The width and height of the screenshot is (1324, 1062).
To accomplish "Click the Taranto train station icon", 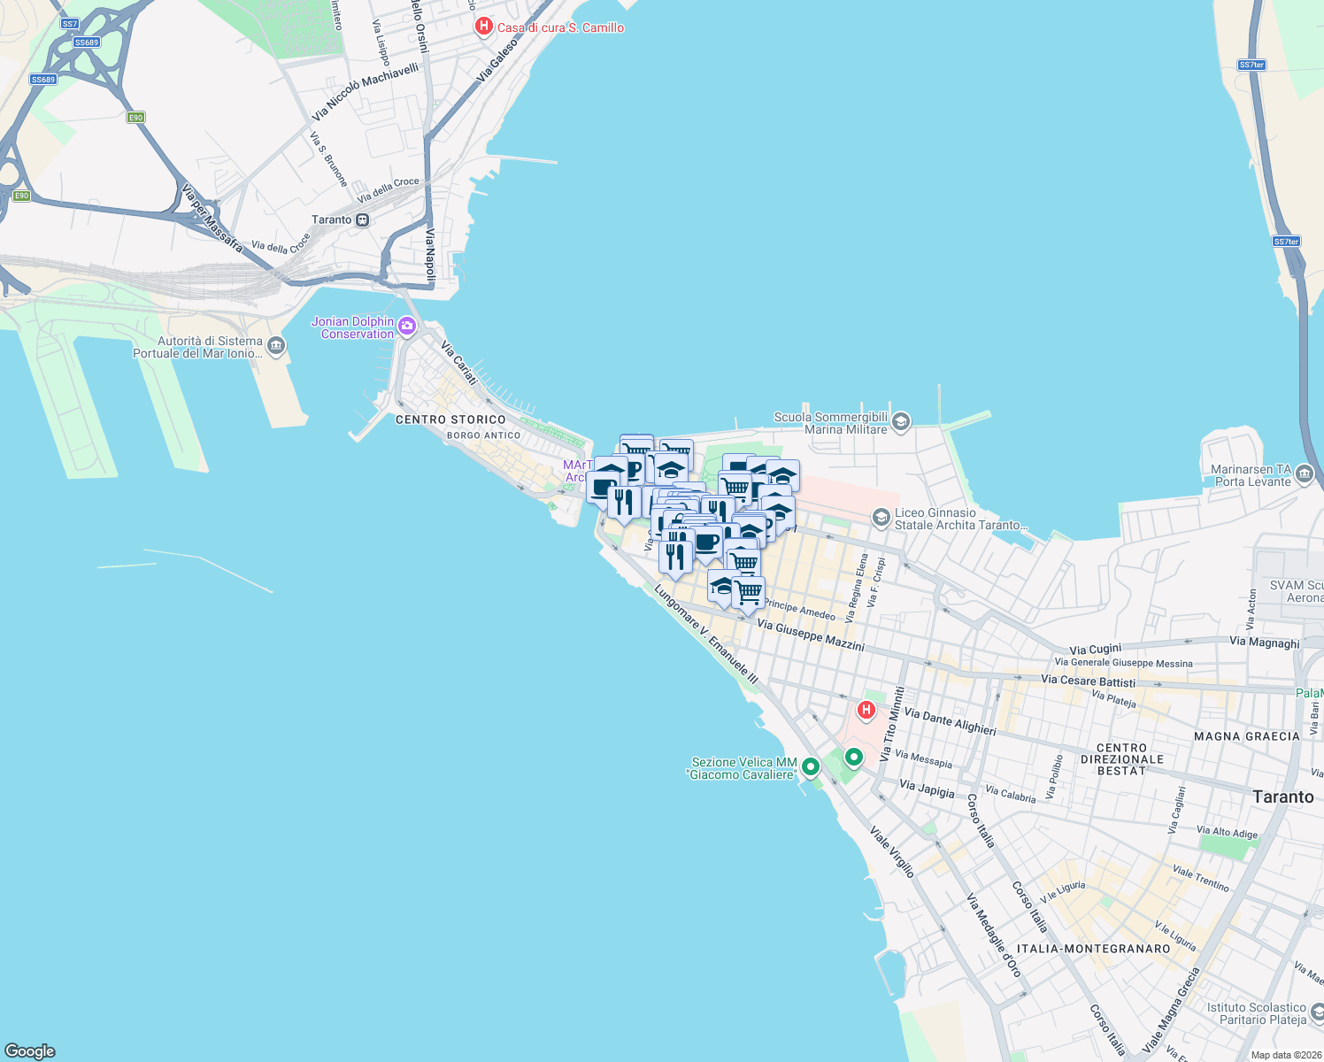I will [x=362, y=220].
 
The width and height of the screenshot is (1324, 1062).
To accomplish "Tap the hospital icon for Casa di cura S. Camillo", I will [x=483, y=27].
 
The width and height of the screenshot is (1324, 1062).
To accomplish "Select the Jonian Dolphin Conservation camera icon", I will [x=407, y=327].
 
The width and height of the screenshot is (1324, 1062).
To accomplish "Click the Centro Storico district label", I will [x=450, y=419].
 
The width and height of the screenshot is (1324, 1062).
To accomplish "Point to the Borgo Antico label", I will [x=484, y=435].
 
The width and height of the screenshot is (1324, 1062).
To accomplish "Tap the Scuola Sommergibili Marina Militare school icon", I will [x=901, y=422].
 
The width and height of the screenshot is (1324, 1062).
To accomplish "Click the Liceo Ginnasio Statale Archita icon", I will [x=881, y=518].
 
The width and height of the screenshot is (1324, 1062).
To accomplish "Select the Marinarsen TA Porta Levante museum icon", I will [x=1305, y=475].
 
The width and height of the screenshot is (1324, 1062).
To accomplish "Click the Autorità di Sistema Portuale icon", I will [x=276, y=346].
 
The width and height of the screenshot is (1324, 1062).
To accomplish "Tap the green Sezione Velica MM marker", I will [x=810, y=767].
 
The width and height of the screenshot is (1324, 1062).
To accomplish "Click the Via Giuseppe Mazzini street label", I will [x=811, y=635].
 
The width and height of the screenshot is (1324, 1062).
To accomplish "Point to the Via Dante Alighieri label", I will [x=950, y=721].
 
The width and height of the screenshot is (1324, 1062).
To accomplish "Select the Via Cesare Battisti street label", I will [x=1088, y=681].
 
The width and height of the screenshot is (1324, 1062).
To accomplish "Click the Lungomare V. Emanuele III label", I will [x=706, y=635].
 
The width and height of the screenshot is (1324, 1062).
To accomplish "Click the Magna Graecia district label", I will [x=1246, y=736].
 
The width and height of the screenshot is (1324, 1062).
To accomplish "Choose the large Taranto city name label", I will [x=1282, y=796].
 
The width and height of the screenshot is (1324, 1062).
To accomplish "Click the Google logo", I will [x=30, y=1051].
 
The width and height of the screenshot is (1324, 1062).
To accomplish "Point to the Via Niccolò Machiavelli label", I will [x=365, y=91].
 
